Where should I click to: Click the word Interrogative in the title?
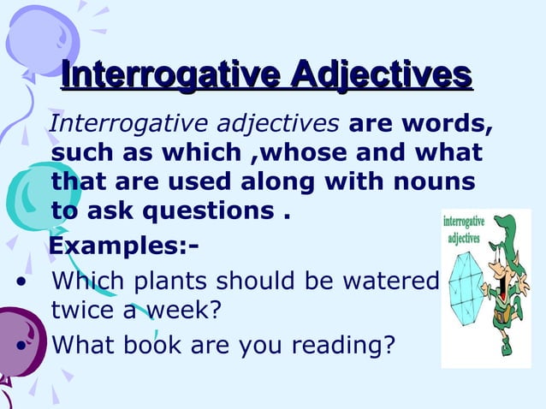(x=172, y=74)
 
